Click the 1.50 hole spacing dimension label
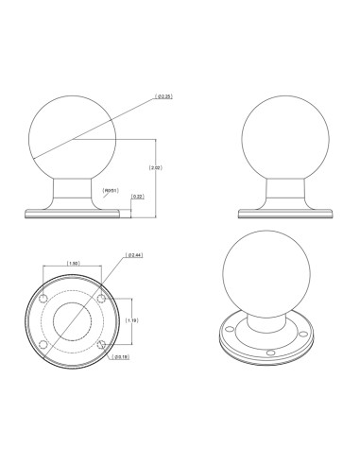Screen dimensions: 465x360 72,263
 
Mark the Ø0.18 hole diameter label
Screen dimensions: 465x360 119,358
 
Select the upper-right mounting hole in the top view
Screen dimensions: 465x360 101,300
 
